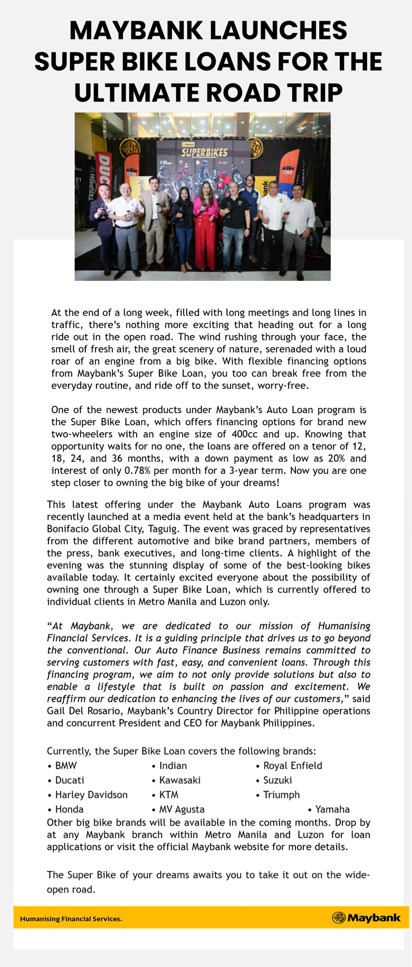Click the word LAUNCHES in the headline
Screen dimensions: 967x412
coord(281,30)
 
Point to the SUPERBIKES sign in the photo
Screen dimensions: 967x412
coord(205,152)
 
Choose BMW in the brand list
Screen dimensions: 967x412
coord(66,766)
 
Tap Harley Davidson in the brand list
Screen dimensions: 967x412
coord(91,795)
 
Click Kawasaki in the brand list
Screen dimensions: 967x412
coord(180,780)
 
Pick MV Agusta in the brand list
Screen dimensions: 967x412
coord(182,809)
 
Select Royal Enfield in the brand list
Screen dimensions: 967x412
coord(293,766)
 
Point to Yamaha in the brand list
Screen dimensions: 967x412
coord(332,809)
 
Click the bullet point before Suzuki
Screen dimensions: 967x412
coord(258,780)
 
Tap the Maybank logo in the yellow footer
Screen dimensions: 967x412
coord(366,918)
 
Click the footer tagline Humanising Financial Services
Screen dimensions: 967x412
coord(71,919)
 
